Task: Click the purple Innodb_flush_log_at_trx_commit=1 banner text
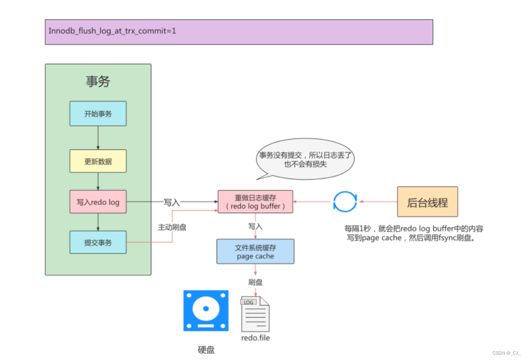(112, 31)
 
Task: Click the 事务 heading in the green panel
(98, 82)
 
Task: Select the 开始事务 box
(98, 114)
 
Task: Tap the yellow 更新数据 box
(98, 161)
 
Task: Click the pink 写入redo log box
(98, 201)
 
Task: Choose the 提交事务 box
(98, 242)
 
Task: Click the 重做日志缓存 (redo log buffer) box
(255, 202)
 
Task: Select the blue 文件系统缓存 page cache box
(255, 252)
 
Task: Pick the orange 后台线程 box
(427, 202)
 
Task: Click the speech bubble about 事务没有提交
(305, 160)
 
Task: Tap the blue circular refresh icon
(345, 201)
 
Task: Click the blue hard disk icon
(206, 311)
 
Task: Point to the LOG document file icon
(255, 314)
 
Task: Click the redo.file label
(255, 338)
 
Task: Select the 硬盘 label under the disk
(206, 349)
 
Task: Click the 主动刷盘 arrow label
(172, 227)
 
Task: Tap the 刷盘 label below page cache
(255, 282)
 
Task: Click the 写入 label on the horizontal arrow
(172, 202)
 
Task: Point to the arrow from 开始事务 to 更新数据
(98, 138)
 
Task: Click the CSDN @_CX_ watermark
(507, 353)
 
